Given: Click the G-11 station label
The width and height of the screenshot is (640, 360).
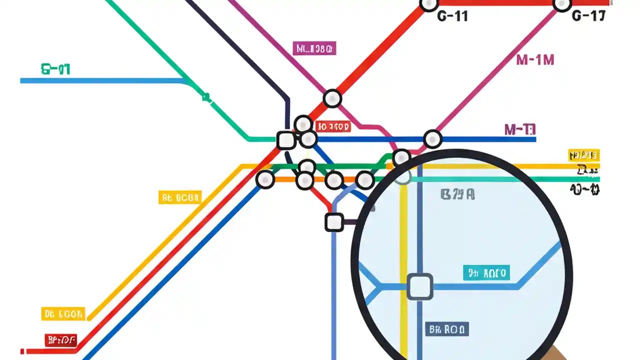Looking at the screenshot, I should pyautogui.click(x=452, y=16).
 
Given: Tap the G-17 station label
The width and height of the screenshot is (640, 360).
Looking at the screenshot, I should pyautogui.click(x=588, y=16).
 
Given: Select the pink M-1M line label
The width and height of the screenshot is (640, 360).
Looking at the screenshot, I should pyautogui.click(x=535, y=60).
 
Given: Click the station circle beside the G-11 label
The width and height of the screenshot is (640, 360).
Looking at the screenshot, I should pyautogui.click(x=428, y=4).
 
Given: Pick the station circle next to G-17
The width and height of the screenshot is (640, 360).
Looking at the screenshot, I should pyautogui.click(x=562, y=4).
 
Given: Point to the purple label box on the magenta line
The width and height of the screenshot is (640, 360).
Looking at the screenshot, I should pyautogui.click(x=314, y=48).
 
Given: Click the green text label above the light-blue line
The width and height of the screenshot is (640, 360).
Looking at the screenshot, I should pyautogui.click(x=55, y=69).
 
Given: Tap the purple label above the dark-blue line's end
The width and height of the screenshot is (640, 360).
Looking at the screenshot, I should pyautogui.click(x=520, y=130).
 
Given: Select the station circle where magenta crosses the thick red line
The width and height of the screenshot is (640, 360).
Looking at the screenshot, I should pyautogui.click(x=332, y=98).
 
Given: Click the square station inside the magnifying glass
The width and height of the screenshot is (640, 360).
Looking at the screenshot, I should pyautogui.click(x=419, y=286).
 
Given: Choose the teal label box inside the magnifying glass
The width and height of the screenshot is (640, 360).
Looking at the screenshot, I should pyautogui.click(x=486, y=273).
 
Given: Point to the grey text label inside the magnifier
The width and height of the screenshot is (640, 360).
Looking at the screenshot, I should pyautogui.click(x=457, y=194).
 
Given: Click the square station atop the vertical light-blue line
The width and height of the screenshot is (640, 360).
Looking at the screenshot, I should pyautogui.click(x=334, y=222).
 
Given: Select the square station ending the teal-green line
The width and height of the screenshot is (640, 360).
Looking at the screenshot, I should pyautogui.click(x=286, y=140).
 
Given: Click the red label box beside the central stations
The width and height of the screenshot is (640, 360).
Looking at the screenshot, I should pyautogui.click(x=333, y=127).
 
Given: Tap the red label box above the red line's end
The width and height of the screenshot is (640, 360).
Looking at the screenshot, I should pyautogui.click(x=60, y=340).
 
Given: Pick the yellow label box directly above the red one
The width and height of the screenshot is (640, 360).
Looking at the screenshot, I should pyautogui.click(x=63, y=314).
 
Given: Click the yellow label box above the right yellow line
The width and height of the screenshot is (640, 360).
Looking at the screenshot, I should pyautogui.click(x=583, y=155).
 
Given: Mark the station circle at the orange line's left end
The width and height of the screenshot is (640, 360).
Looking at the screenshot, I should pyautogui.click(x=265, y=179).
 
